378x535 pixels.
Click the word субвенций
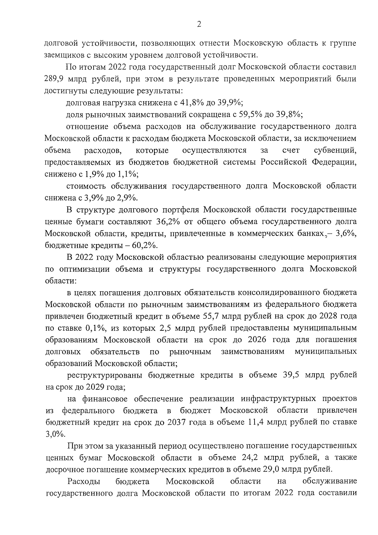point(335,150)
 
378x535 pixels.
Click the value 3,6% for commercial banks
point(345,234)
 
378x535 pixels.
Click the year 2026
point(258,340)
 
